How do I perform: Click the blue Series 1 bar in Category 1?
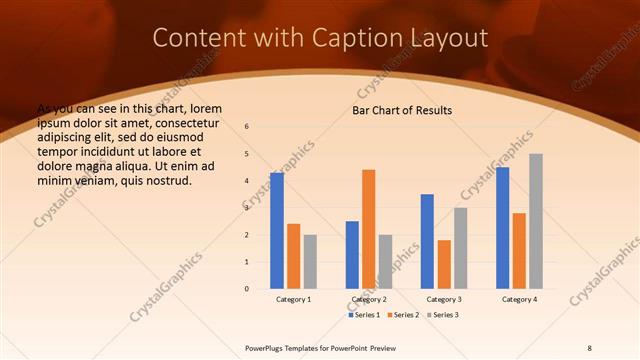[x=277, y=231]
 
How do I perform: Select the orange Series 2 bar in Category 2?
[x=369, y=229]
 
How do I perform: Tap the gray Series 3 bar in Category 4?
[x=536, y=221]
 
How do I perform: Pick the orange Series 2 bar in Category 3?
[x=444, y=264]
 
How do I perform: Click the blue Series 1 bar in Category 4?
[x=502, y=228]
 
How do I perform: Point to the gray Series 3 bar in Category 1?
[x=310, y=262]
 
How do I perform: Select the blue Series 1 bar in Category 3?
[x=427, y=241]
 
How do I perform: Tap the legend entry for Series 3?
[x=444, y=315]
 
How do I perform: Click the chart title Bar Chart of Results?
[x=402, y=110]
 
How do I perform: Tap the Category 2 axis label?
[x=369, y=299]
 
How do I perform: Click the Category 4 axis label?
[x=519, y=299]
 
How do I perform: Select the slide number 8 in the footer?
[x=589, y=346]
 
